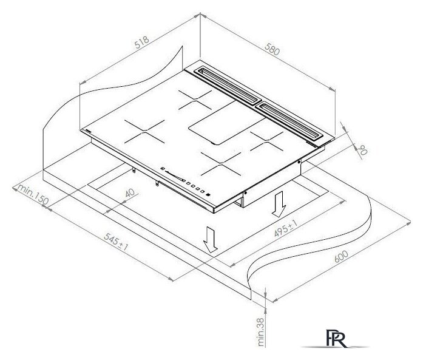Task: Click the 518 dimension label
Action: click(x=142, y=42)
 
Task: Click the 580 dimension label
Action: click(x=272, y=49)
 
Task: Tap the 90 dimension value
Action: click(x=362, y=150)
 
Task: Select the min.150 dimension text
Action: click(x=33, y=194)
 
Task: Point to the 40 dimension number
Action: click(x=130, y=193)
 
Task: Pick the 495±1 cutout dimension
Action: click(x=286, y=228)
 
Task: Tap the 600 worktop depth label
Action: click(x=341, y=256)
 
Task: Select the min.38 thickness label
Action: click(x=260, y=332)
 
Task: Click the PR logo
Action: click(x=336, y=338)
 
